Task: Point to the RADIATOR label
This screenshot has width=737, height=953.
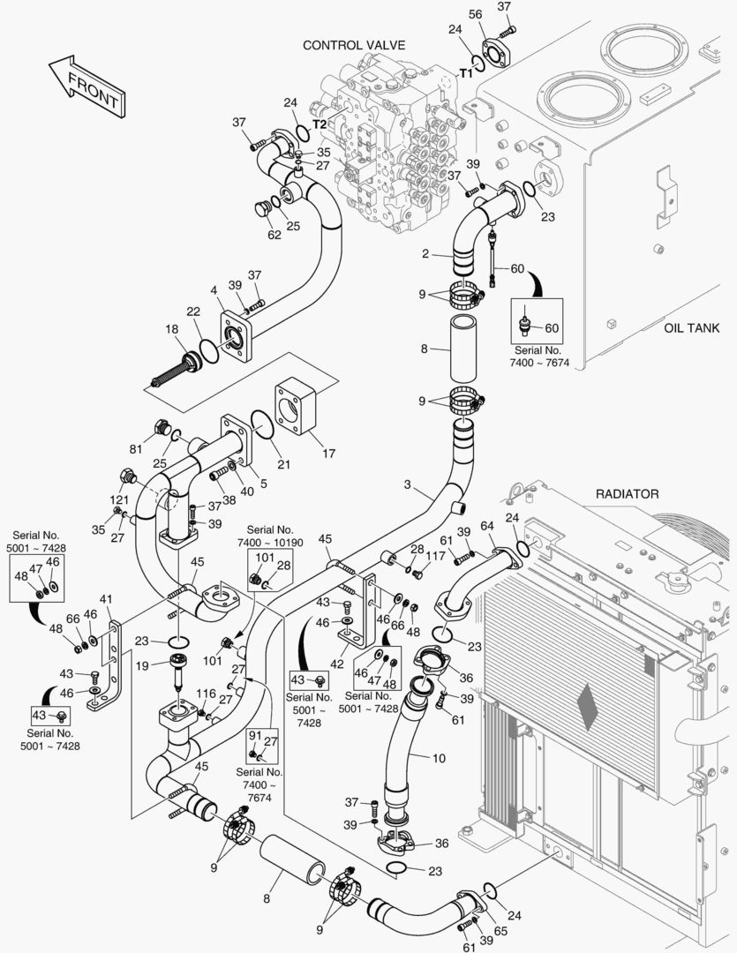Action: (x=627, y=494)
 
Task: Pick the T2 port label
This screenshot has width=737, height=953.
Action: (x=319, y=124)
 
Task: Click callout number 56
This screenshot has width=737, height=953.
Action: (x=475, y=15)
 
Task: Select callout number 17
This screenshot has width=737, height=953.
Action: (x=328, y=454)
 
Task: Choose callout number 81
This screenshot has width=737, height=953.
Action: (x=136, y=448)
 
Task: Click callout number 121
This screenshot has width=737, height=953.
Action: (x=119, y=499)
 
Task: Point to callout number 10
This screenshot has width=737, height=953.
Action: (x=439, y=757)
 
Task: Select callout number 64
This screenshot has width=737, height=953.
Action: (x=486, y=527)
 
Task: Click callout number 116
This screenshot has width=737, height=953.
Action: (x=205, y=694)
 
